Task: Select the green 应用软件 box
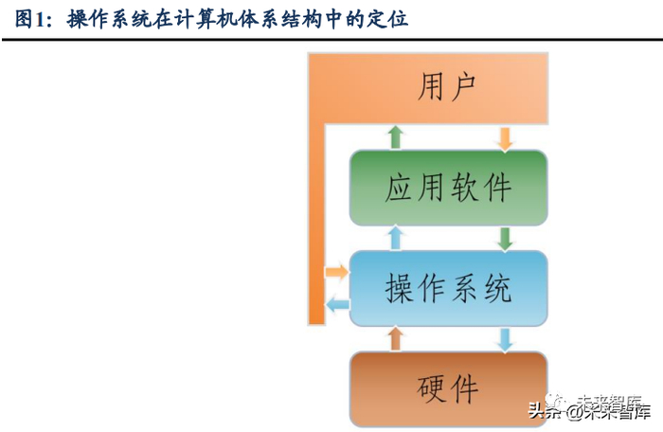[x=448, y=187]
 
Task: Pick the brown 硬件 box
[x=448, y=387]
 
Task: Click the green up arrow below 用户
[x=396, y=136]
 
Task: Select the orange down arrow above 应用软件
[x=505, y=137]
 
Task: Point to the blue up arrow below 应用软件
[x=396, y=237]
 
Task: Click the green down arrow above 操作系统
[x=505, y=237]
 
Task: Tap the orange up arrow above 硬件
[x=396, y=337]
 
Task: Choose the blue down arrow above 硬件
[x=505, y=338]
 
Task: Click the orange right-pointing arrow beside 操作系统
[x=336, y=273]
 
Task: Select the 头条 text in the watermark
[x=544, y=412]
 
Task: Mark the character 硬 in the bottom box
[x=431, y=387]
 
